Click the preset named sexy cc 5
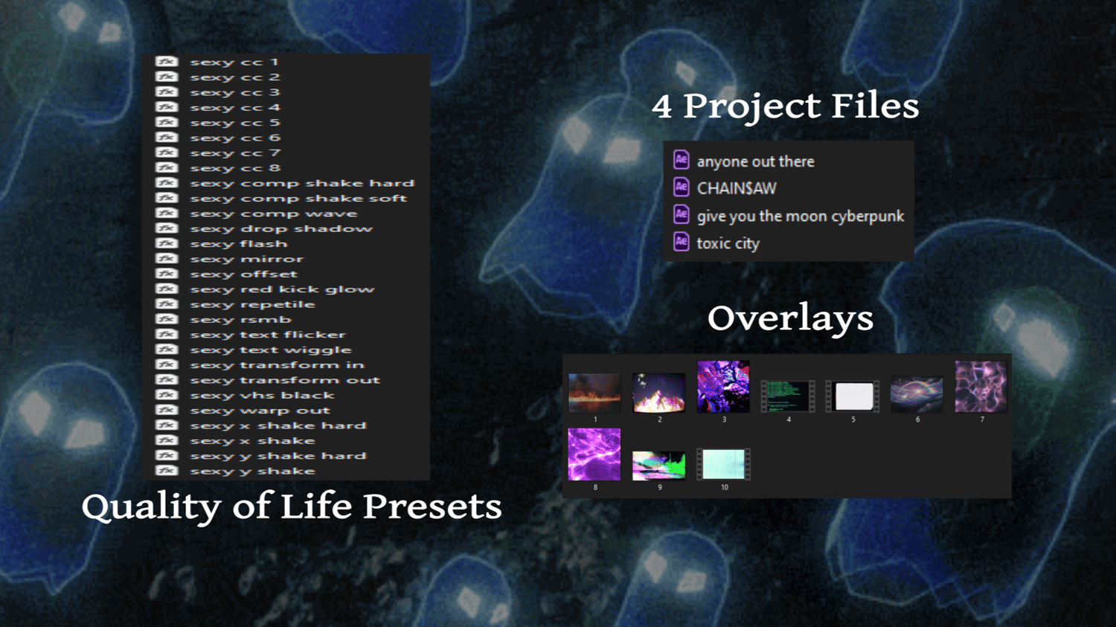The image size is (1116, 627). pos(235,123)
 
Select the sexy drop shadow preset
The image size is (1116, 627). pos(281,228)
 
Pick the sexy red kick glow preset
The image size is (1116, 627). pos(282,289)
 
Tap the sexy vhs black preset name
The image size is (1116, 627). pos(262,396)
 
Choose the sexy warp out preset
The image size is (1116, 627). pos(260,411)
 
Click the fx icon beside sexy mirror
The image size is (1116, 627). pos(167,259)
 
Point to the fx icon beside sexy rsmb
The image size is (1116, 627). pos(167,319)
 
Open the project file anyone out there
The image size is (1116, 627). pos(755,161)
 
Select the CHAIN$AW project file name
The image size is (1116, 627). pos(737,188)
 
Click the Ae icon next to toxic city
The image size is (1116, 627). pos(681,242)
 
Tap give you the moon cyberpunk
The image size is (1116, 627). pos(800,216)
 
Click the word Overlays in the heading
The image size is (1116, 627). pos(790,319)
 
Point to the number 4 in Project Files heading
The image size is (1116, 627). pos(662,107)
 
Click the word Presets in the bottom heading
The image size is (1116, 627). pos(432,507)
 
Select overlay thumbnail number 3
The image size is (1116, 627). pos(723,387)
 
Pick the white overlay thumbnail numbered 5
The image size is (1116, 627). pos(853,396)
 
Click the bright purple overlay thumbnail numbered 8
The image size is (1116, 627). pos(594,454)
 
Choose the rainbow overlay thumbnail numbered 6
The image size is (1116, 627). pos(917,394)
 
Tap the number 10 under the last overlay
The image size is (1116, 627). pos(725,487)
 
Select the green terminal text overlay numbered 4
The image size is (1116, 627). pos(788,396)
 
